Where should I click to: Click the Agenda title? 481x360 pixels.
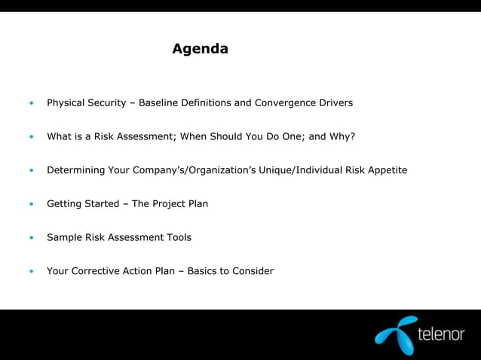[200, 49]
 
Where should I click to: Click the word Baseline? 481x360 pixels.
[160, 102]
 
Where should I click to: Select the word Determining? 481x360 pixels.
[75, 170]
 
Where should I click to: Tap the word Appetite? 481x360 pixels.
[386, 170]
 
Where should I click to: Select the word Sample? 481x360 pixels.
[64, 237]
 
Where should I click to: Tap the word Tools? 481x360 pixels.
[178, 237]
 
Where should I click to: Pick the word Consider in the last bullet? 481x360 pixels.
[253, 271]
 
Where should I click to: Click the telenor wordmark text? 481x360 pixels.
[441, 334]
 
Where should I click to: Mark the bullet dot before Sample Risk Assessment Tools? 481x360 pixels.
[31, 238]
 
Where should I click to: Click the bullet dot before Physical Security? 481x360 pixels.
[31, 103]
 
